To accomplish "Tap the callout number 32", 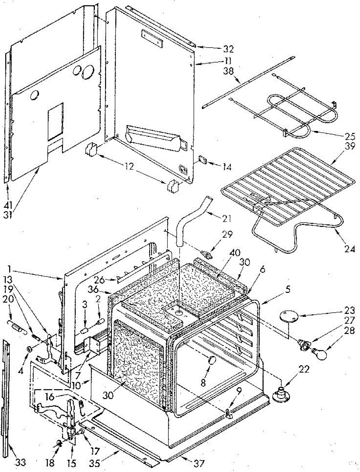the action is [x=228, y=49].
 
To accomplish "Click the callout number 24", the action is [x=349, y=249].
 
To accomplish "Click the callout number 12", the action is [x=129, y=166].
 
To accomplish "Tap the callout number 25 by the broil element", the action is [x=349, y=136].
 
